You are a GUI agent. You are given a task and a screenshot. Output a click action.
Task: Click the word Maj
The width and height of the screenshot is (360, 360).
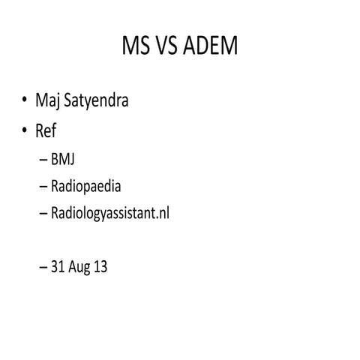[x=46, y=100]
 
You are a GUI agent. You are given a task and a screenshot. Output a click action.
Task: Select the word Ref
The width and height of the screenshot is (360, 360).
[x=45, y=131]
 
